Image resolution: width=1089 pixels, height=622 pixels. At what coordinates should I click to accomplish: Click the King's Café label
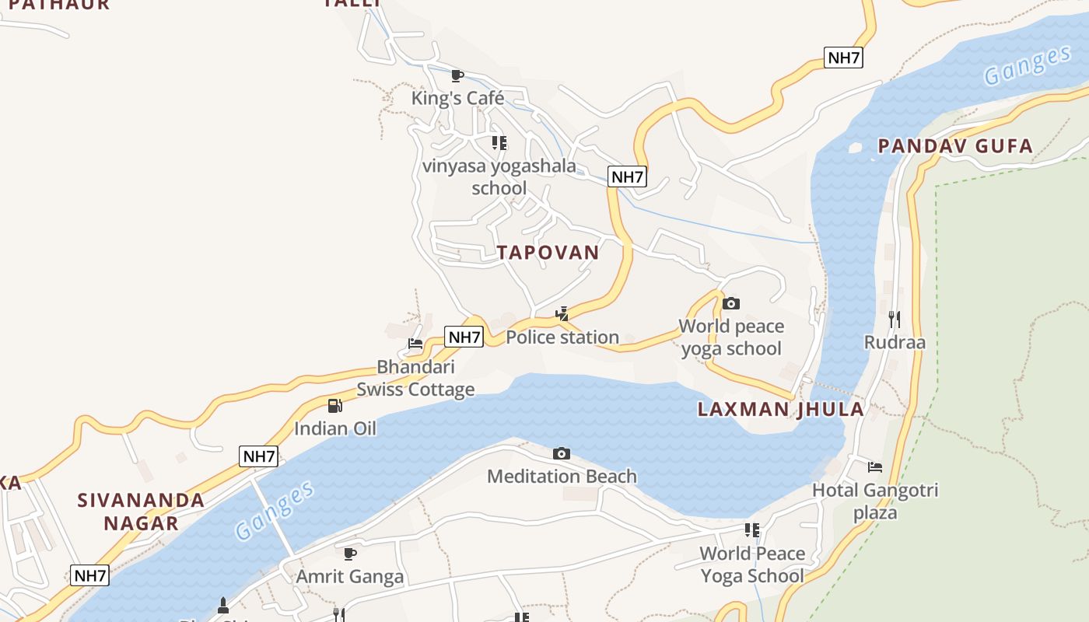click(x=457, y=99)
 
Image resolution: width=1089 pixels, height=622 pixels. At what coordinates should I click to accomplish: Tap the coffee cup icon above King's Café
click(x=457, y=75)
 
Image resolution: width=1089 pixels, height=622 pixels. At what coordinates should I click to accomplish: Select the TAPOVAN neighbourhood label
click(x=548, y=253)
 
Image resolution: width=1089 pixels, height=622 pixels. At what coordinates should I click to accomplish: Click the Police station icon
click(x=562, y=314)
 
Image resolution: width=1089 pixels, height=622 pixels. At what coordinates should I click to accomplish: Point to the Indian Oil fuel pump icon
click(x=334, y=405)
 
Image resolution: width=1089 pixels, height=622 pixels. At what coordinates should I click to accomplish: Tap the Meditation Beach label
click(x=562, y=477)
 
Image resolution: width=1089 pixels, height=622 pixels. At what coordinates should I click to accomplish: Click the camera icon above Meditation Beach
click(x=562, y=453)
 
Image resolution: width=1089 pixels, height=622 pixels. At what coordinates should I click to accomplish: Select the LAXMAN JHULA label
click(x=780, y=410)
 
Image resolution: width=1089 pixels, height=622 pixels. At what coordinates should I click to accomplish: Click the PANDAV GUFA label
click(x=955, y=146)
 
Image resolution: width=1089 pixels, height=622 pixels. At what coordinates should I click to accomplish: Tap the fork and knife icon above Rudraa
click(x=895, y=319)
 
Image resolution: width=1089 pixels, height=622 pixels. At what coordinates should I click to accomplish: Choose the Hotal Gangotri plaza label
click(x=875, y=501)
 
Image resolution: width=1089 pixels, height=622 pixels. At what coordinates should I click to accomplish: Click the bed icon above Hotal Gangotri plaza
click(x=875, y=467)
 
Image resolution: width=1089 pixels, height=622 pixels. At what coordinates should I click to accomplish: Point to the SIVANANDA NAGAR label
click(x=141, y=512)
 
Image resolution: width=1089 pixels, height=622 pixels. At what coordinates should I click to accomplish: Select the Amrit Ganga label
click(x=350, y=577)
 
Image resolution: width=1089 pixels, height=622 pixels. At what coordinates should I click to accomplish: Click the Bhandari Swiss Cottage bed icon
click(x=415, y=344)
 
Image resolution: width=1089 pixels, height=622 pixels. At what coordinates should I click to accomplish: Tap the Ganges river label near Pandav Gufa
click(x=1027, y=66)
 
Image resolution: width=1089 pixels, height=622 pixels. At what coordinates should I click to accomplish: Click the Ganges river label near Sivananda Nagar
click(x=275, y=510)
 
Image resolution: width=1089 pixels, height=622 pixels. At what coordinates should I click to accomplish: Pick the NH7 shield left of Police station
click(x=464, y=337)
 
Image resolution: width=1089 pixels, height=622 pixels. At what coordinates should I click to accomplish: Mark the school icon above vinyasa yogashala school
click(x=499, y=142)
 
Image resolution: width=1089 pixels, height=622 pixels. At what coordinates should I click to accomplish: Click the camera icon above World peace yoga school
click(x=731, y=303)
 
